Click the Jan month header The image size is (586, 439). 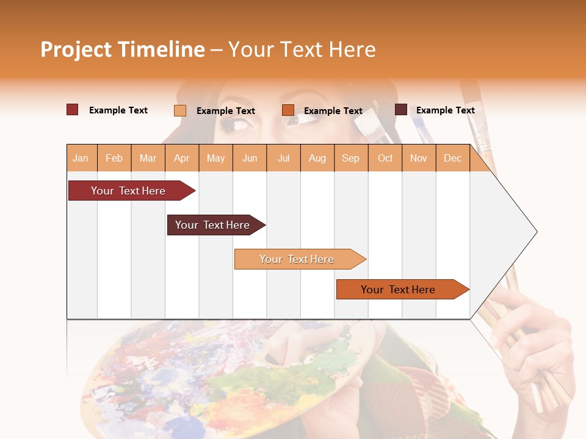[x=81, y=158]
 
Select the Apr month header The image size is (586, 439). [x=181, y=158]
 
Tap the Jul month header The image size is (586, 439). [x=283, y=158]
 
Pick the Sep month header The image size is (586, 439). [x=350, y=158]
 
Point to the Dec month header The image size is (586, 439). [x=452, y=158]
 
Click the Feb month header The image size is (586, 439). [x=114, y=158]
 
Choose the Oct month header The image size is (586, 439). [x=385, y=158]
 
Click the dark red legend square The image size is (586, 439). [x=72, y=110]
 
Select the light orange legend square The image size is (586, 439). [x=179, y=110]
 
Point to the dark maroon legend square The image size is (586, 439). [x=400, y=110]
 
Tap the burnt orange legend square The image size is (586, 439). [x=288, y=110]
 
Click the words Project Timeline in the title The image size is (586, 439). [x=123, y=49]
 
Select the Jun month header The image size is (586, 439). [x=250, y=158]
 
